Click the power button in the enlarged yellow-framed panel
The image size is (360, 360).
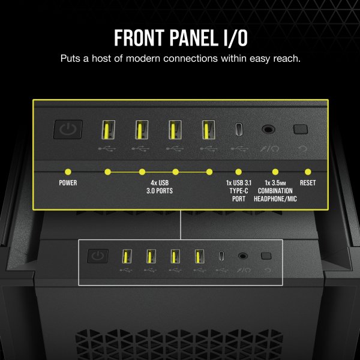(68, 130)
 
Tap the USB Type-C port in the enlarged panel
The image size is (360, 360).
(239, 129)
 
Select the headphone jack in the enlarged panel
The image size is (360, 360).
(268, 129)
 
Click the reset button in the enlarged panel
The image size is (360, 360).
(301, 129)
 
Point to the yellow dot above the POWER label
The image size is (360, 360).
(68, 172)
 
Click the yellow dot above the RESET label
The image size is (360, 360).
(308, 172)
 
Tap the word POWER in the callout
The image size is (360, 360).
(68, 183)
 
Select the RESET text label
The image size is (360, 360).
(308, 183)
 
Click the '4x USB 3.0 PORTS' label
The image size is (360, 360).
(160, 187)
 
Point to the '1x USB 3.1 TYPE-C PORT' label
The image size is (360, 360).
(239, 191)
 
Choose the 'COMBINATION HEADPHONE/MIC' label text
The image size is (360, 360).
(275, 194)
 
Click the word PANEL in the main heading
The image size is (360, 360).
(194, 38)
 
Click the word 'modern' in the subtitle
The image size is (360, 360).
(143, 59)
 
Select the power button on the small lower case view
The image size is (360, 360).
(98, 256)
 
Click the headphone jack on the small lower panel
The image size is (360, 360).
(242, 256)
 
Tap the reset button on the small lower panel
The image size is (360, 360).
(266, 256)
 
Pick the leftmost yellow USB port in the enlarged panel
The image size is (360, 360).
(109, 130)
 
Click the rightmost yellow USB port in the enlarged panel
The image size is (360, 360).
(208, 130)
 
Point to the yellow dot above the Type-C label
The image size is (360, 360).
(239, 172)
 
